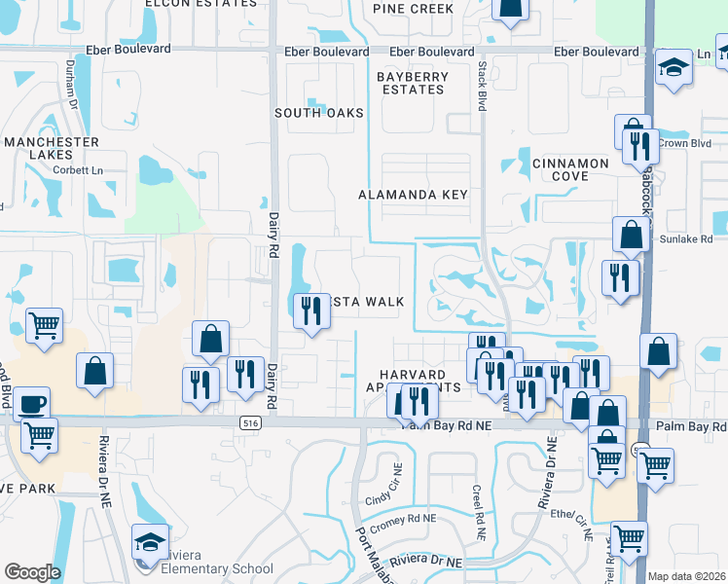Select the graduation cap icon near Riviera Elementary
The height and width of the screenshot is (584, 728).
point(150,542)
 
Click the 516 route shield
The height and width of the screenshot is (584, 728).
point(250,423)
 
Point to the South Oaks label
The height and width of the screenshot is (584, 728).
point(318,113)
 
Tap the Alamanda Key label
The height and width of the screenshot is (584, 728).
point(413,195)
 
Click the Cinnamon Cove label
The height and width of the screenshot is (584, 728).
point(570,169)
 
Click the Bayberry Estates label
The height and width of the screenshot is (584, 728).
point(414,83)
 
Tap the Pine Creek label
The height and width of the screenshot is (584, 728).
point(413,9)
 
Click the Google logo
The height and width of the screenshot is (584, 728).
point(32,572)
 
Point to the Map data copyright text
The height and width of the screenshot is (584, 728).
point(686,576)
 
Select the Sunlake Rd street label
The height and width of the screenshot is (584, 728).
point(685,238)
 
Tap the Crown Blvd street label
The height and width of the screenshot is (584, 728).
point(684,143)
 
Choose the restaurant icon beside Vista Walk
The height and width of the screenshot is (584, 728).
point(310,310)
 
